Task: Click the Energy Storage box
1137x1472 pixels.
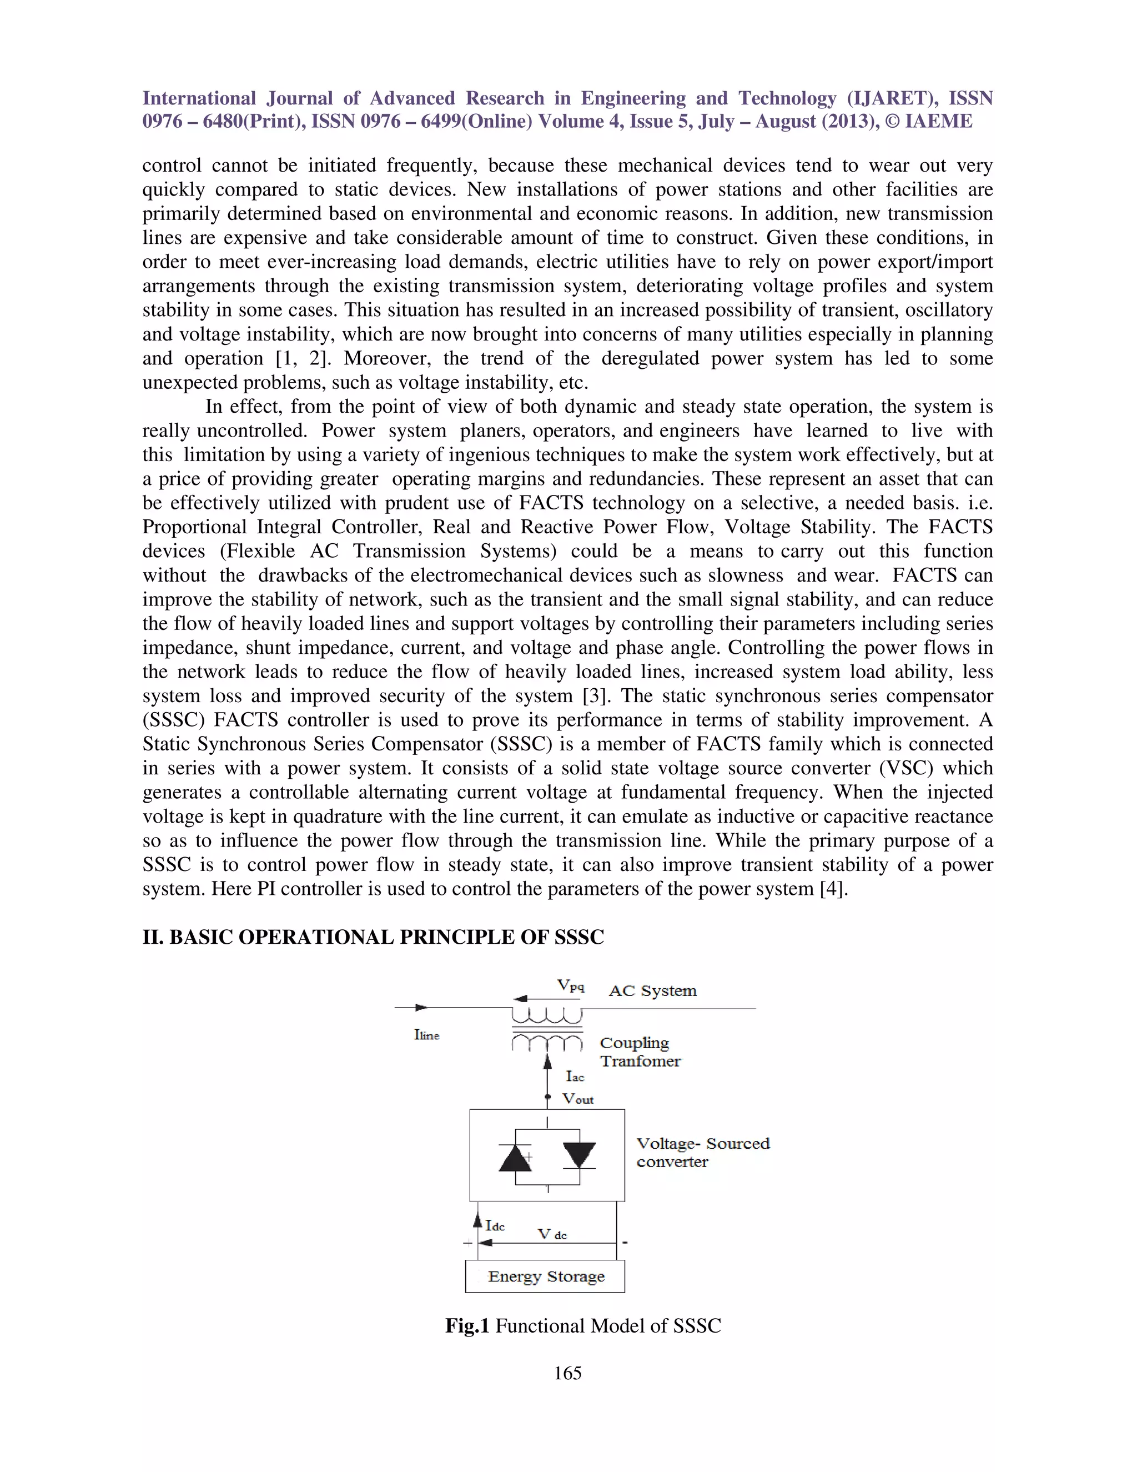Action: pos(545,1276)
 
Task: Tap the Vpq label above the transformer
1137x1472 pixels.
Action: pos(570,986)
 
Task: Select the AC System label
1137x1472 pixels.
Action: pos(652,991)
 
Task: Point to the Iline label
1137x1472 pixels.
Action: pos(426,1035)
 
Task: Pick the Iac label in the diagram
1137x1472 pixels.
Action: pos(575,1077)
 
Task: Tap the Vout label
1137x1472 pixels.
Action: pos(578,1099)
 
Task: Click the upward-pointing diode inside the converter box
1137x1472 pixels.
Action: pos(515,1159)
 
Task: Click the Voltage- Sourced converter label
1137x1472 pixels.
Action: pos(702,1153)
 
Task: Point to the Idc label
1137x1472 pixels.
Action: pos(495,1226)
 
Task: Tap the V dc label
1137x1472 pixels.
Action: pos(552,1234)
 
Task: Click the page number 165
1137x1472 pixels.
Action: pos(568,1373)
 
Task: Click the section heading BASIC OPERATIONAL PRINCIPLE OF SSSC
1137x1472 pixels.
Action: pos(386,938)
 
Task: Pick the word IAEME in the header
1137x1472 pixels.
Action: pos(938,121)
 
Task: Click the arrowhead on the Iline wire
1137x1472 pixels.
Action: pos(421,1008)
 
